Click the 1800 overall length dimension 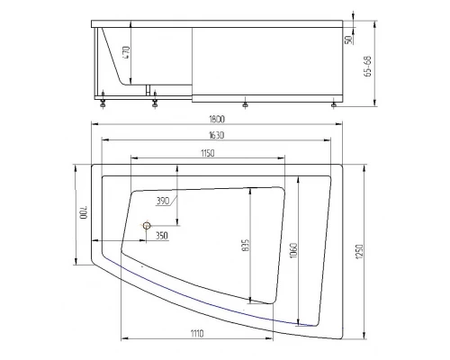coord(217,119)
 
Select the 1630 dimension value coord(216,135)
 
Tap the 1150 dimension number coord(208,153)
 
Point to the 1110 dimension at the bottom coord(196,333)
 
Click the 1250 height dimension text coord(360,252)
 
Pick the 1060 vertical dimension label coord(293,250)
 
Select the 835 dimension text coord(246,246)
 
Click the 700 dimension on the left coord(83,212)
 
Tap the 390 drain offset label coord(163,201)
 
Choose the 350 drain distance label coord(162,236)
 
